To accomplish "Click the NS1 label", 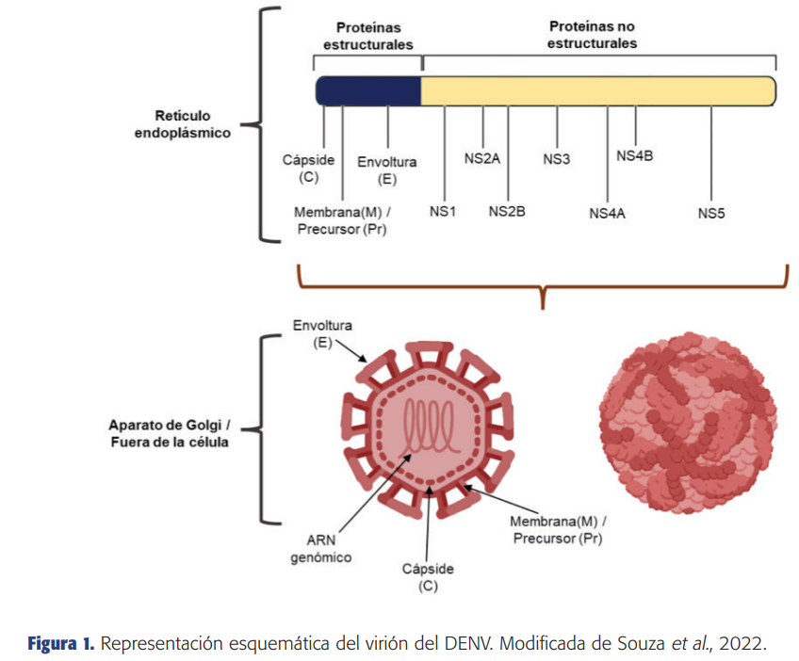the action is click(442, 211).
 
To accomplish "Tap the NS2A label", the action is click(482, 159).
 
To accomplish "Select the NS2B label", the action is click(507, 211).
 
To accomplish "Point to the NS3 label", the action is click(557, 159).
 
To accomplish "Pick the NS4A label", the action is click(607, 214).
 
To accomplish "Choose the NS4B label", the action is click(635, 155).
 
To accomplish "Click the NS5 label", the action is click(711, 214).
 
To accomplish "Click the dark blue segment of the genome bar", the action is click(368, 91).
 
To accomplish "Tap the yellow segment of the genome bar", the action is click(598, 91).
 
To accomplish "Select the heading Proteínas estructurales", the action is click(368, 36).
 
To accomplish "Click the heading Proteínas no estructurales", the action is click(592, 35).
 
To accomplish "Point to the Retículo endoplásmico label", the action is click(183, 124).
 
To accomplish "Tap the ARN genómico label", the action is click(321, 548).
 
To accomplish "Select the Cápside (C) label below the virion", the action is click(428, 577).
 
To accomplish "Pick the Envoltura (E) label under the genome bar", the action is click(387, 170).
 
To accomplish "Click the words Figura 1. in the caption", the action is click(61, 644).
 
